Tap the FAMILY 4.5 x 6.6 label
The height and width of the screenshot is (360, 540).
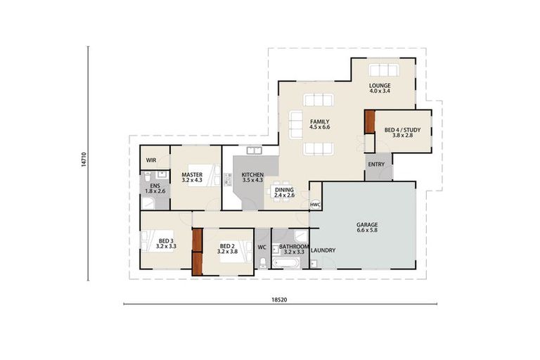pyautogui.click(x=320, y=124)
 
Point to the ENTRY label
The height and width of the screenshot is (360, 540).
pyautogui.click(x=375, y=165)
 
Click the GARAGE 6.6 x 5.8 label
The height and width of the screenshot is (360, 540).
pyautogui.click(x=367, y=228)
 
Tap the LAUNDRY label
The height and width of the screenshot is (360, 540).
pyautogui.click(x=323, y=250)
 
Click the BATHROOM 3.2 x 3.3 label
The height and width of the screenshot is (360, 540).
pyautogui.click(x=294, y=249)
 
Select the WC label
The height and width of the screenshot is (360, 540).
pyautogui.click(x=262, y=247)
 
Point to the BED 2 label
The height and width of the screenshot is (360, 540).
pyautogui.click(x=227, y=249)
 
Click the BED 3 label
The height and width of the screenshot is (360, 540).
pyautogui.click(x=166, y=243)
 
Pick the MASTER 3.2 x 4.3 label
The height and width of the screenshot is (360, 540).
pyautogui.click(x=192, y=177)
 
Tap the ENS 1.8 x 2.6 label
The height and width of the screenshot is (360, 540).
pyautogui.click(x=154, y=188)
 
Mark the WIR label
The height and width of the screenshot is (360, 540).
pyautogui.click(x=150, y=160)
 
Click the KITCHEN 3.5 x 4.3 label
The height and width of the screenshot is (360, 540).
pyautogui.click(x=252, y=177)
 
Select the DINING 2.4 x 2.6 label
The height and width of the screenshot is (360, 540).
pyautogui.click(x=284, y=192)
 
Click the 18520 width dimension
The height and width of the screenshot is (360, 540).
pyautogui.click(x=279, y=299)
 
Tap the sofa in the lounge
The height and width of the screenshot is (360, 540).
pyautogui.click(x=383, y=70)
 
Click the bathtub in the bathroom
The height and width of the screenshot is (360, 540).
pyautogui.click(x=286, y=263)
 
